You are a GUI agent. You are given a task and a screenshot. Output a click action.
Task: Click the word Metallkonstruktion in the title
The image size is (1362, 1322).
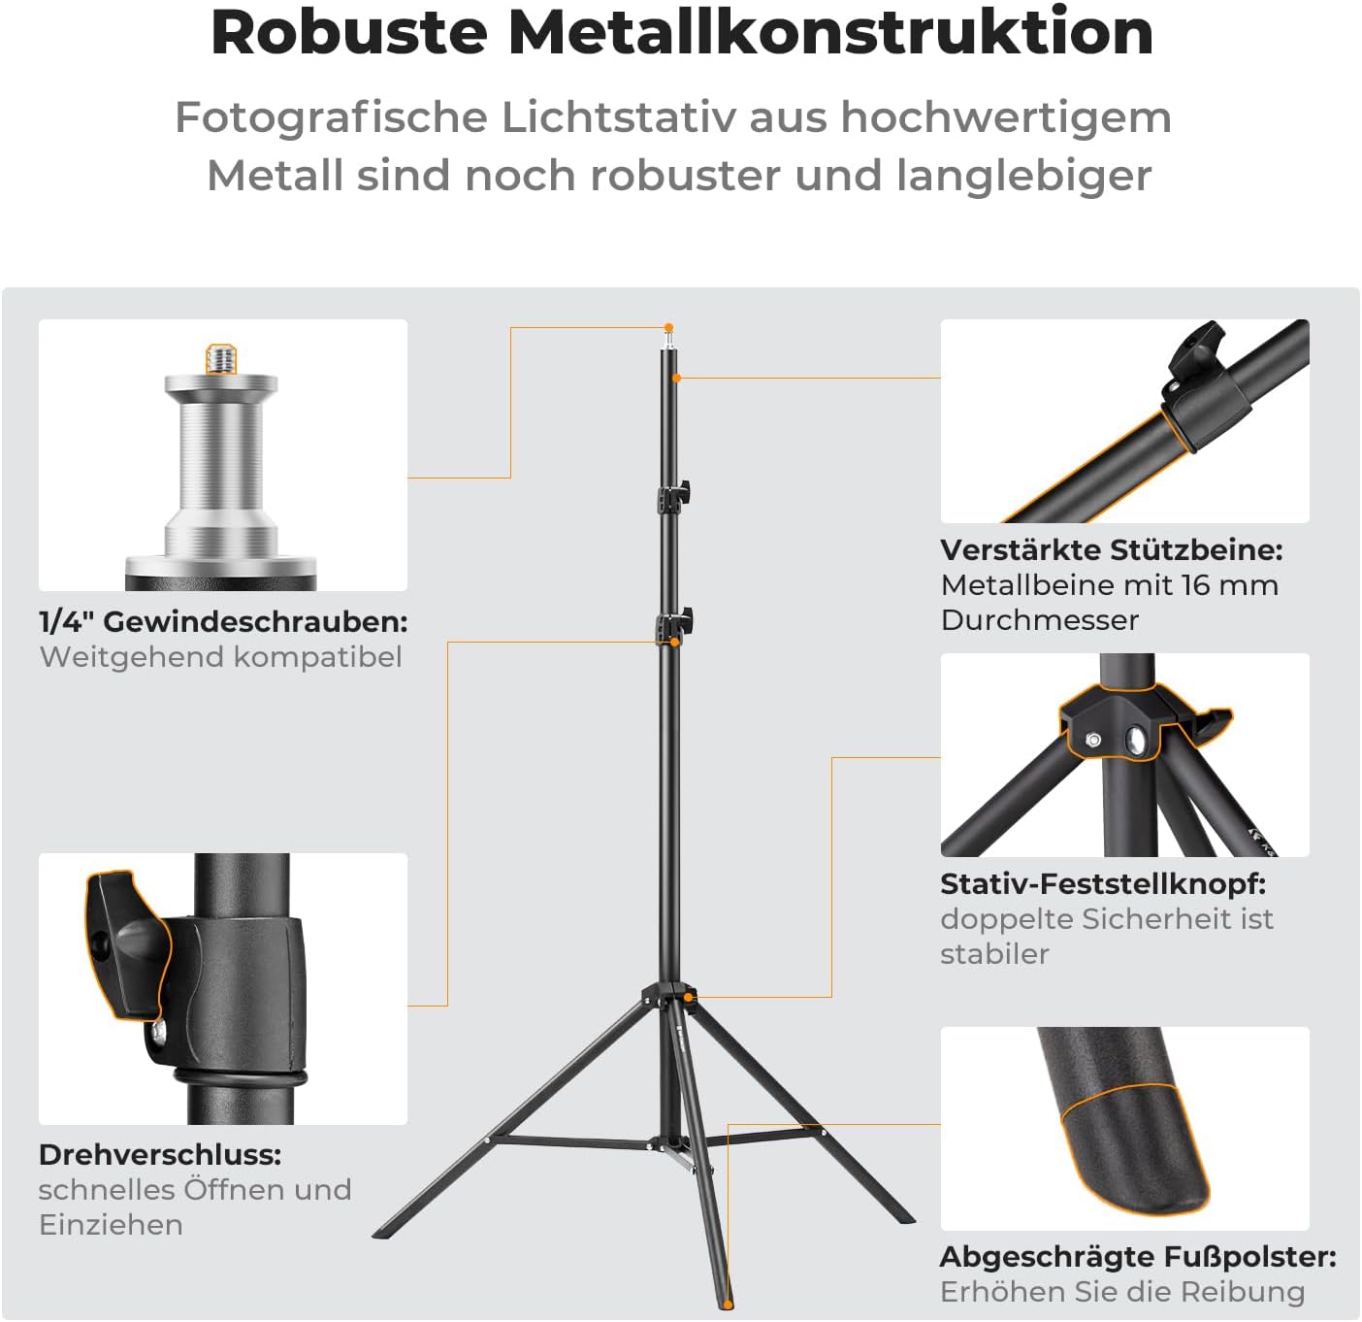(830, 32)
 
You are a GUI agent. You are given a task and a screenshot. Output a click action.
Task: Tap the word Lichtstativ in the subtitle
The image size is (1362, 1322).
(619, 116)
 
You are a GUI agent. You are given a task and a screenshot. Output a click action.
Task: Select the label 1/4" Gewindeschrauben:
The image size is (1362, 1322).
(223, 622)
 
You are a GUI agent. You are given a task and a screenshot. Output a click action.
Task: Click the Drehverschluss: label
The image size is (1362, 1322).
(160, 1155)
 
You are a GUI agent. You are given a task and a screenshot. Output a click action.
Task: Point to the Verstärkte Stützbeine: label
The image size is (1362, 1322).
(1112, 549)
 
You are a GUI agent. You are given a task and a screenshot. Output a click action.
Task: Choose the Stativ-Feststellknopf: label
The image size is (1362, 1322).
(1103, 883)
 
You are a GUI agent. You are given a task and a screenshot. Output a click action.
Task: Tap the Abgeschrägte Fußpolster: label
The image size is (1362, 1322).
(1138, 1257)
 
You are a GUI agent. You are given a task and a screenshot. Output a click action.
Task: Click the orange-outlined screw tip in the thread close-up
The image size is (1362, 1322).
(221, 358)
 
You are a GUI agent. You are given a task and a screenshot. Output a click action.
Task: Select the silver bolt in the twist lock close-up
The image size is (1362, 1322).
(159, 1030)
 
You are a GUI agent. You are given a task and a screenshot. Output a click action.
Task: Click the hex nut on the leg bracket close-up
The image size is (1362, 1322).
(1092, 741)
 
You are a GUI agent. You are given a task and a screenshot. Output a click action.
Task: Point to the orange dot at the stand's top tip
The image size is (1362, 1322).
(669, 328)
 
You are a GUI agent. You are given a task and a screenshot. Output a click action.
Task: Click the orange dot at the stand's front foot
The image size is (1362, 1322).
(728, 1305)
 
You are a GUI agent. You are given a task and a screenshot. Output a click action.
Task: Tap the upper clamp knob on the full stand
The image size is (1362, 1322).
(684, 491)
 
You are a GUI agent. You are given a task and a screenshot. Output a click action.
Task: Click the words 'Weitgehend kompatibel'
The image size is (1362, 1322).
(221, 657)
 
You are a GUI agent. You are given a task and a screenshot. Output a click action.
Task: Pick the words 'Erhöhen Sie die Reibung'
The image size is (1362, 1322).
(1122, 1292)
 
